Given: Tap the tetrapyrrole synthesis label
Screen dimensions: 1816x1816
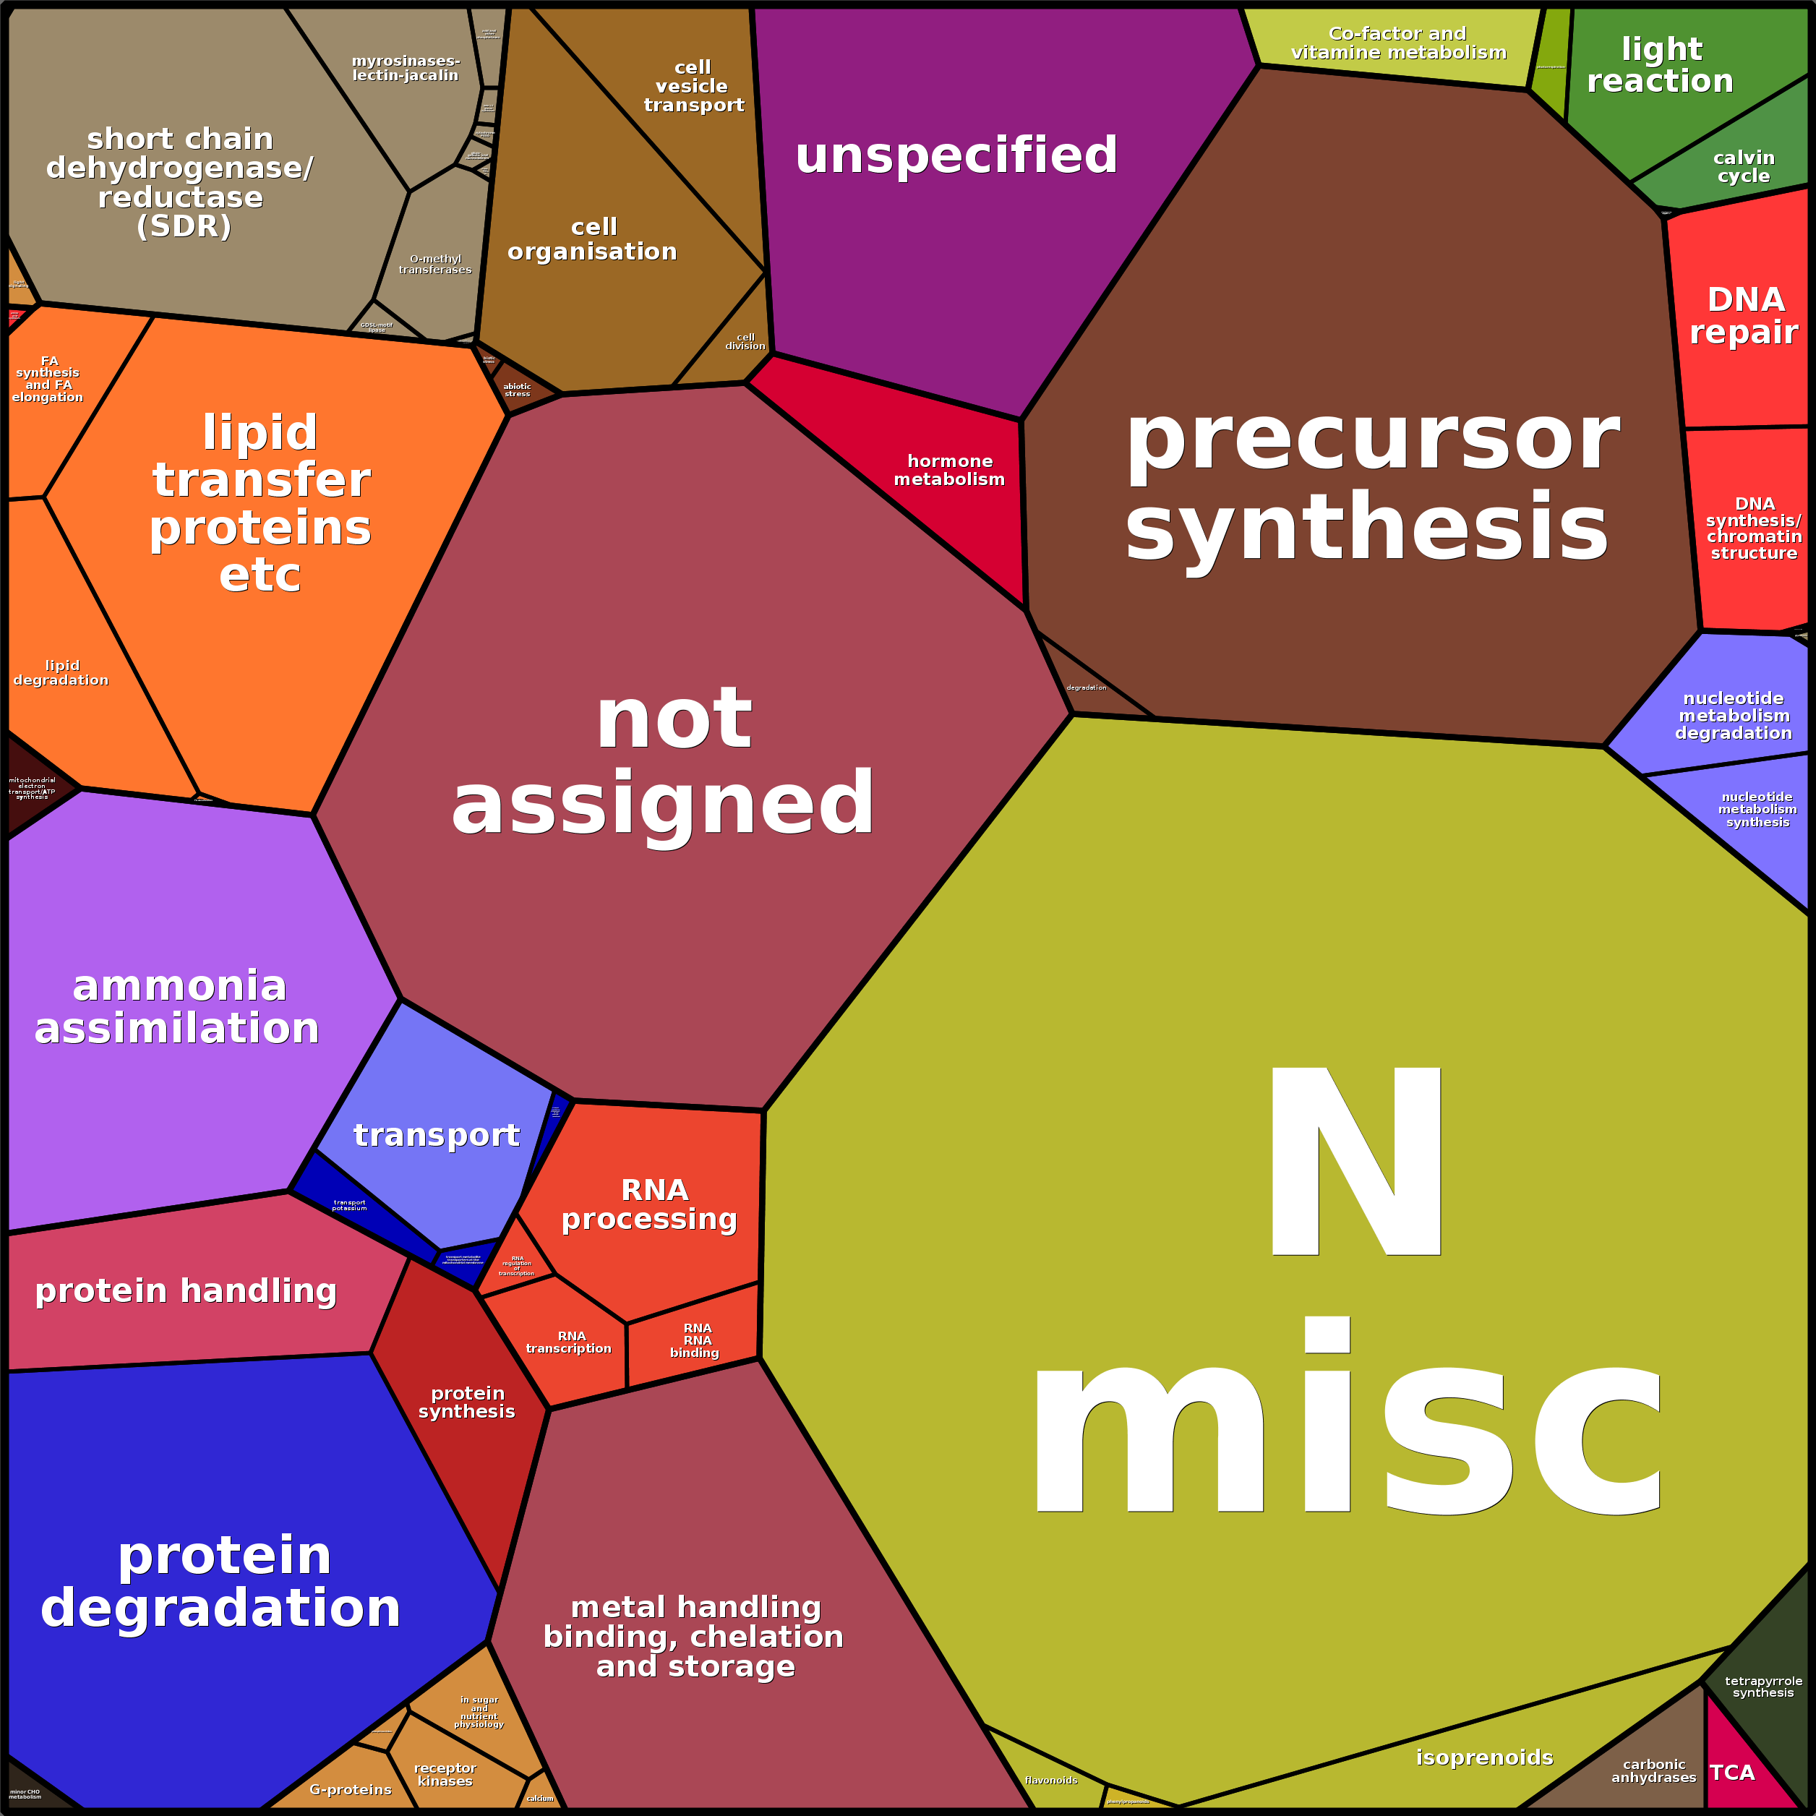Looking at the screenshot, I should [x=1763, y=1687].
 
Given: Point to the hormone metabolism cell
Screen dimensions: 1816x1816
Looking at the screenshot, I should [x=949, y=470].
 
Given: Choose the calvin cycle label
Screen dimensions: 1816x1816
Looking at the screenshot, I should [x=1744, y=166].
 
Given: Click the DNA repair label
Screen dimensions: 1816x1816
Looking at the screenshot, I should [x=1744, y=316].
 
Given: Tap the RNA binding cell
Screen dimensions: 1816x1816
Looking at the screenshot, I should [x=695, y=1340].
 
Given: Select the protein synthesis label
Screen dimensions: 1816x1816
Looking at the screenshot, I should [x=467, y=1402].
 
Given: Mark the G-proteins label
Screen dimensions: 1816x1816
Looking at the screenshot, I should [x=351, y=1789].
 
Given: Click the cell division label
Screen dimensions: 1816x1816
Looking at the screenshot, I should [x=745, y=341].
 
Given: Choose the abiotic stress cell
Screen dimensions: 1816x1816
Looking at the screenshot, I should [x=517, y=389].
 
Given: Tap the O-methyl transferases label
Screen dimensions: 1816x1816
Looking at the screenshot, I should [x=435, y=264].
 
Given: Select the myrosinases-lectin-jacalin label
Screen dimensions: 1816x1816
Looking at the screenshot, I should [x=405, y=68].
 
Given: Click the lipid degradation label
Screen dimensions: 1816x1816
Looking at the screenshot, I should [x=61, y=672].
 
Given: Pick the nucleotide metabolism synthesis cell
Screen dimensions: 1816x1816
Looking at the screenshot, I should [x=1756, y=809].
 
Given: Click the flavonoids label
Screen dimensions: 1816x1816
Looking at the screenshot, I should [x=1051, y=1779].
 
